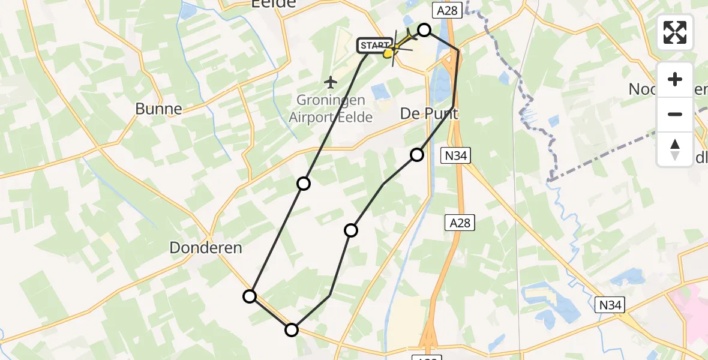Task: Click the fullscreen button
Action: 675,32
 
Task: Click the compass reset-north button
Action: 675,149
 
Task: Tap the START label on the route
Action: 375,45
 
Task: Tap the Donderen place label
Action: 205,247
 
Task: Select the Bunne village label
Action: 158,109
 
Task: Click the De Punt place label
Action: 429,113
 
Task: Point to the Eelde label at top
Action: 273,4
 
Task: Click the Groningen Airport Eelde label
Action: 331,109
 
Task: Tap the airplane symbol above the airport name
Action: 330,81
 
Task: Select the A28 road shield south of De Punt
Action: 460,223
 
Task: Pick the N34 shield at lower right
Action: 611,305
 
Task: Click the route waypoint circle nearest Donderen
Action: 250,296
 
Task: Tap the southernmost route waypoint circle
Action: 292,329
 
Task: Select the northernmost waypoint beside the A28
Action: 424,29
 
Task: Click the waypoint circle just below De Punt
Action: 417,155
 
